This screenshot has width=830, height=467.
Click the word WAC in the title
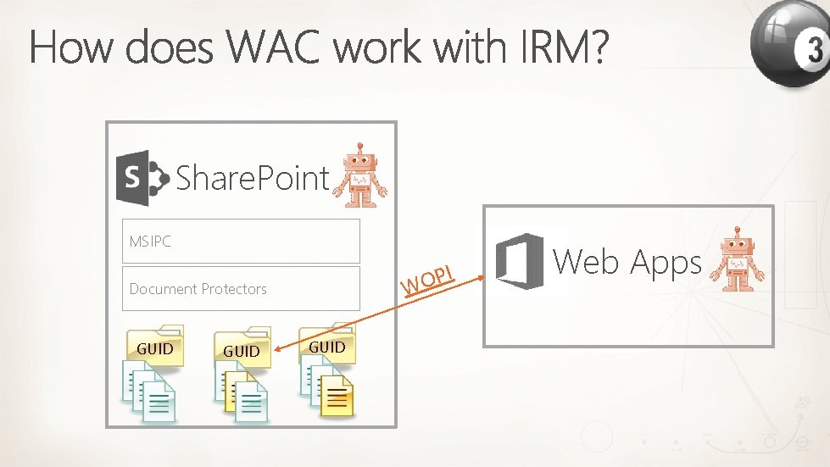pyautogui.click(x=276, y=48)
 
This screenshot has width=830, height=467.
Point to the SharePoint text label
pyautogui.click(x=252, y=178)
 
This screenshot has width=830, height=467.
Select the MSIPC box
pyautogui.click(x=241, y=241)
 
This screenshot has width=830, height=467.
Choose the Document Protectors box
pyautogui.click(x=241, y=288)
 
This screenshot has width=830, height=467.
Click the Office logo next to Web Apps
pyautogui.click(x=519, y=261)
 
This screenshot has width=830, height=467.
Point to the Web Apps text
pyautogui.click(x=627, y=263)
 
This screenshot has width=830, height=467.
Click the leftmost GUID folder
pyautogui.click(x=154, y=346)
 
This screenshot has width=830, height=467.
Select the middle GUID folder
pyautogui.click(x=242, y=348)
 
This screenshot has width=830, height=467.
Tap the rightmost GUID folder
pyautogui.click(x=327, y=344)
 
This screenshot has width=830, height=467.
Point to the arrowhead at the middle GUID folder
pyautogui.click(x=276, y=347)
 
